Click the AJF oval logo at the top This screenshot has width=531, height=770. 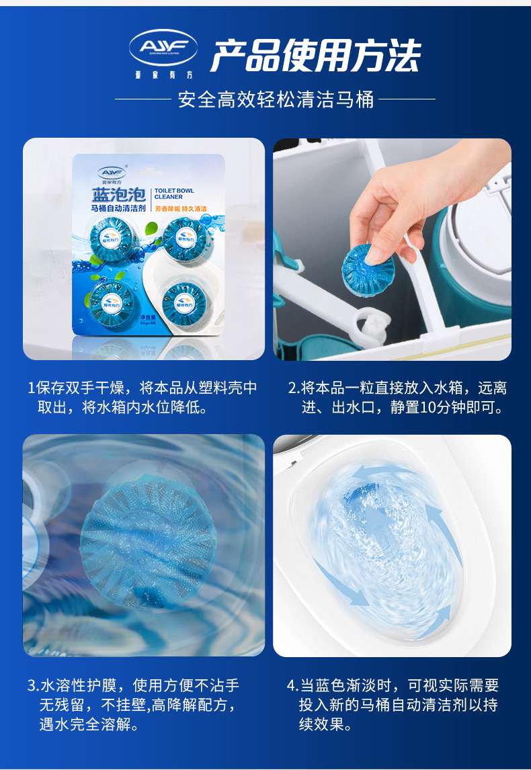[163, 48]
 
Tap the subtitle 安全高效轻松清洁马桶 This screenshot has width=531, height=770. [276, 99]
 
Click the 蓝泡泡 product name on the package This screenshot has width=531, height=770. [118, 195]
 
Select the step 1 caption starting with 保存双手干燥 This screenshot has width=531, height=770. [142, 398]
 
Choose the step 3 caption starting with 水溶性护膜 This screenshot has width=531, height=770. [134, 705]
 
